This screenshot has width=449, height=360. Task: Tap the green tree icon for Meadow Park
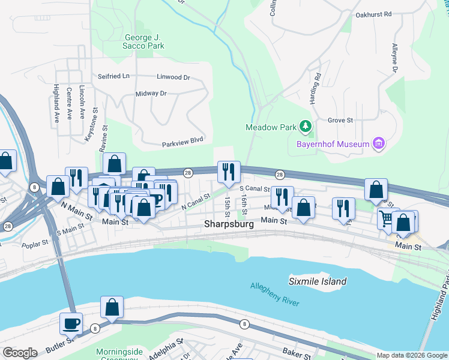coord(306,126)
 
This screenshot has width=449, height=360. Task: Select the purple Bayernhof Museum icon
coord(378,143)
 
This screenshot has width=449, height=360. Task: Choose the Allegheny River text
coord(274,295)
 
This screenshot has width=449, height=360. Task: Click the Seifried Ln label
coord(113,77)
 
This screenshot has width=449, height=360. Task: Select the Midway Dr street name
coord(151,94)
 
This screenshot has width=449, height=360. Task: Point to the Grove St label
coord(340,120)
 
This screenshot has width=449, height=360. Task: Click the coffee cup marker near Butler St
coord(71,323)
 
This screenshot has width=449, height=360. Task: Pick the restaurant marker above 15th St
coord(228,172)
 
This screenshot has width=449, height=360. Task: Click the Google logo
coord(20,353)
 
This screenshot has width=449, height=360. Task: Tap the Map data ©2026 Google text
coord(412,355)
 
